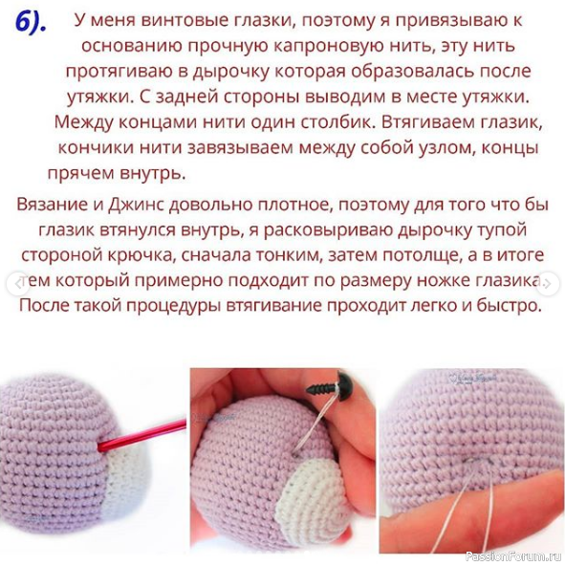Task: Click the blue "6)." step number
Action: [31, 23]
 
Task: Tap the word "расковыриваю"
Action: [328, 230]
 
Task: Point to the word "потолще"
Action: [421, 255]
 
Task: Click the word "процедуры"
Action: [174, 306]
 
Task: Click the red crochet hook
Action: [142, 435]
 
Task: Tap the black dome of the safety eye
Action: [346, 386]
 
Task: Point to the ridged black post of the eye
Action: [321, 389]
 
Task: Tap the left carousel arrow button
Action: [17, 284]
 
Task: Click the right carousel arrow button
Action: [548, 284]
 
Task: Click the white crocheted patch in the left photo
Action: [126, 476]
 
